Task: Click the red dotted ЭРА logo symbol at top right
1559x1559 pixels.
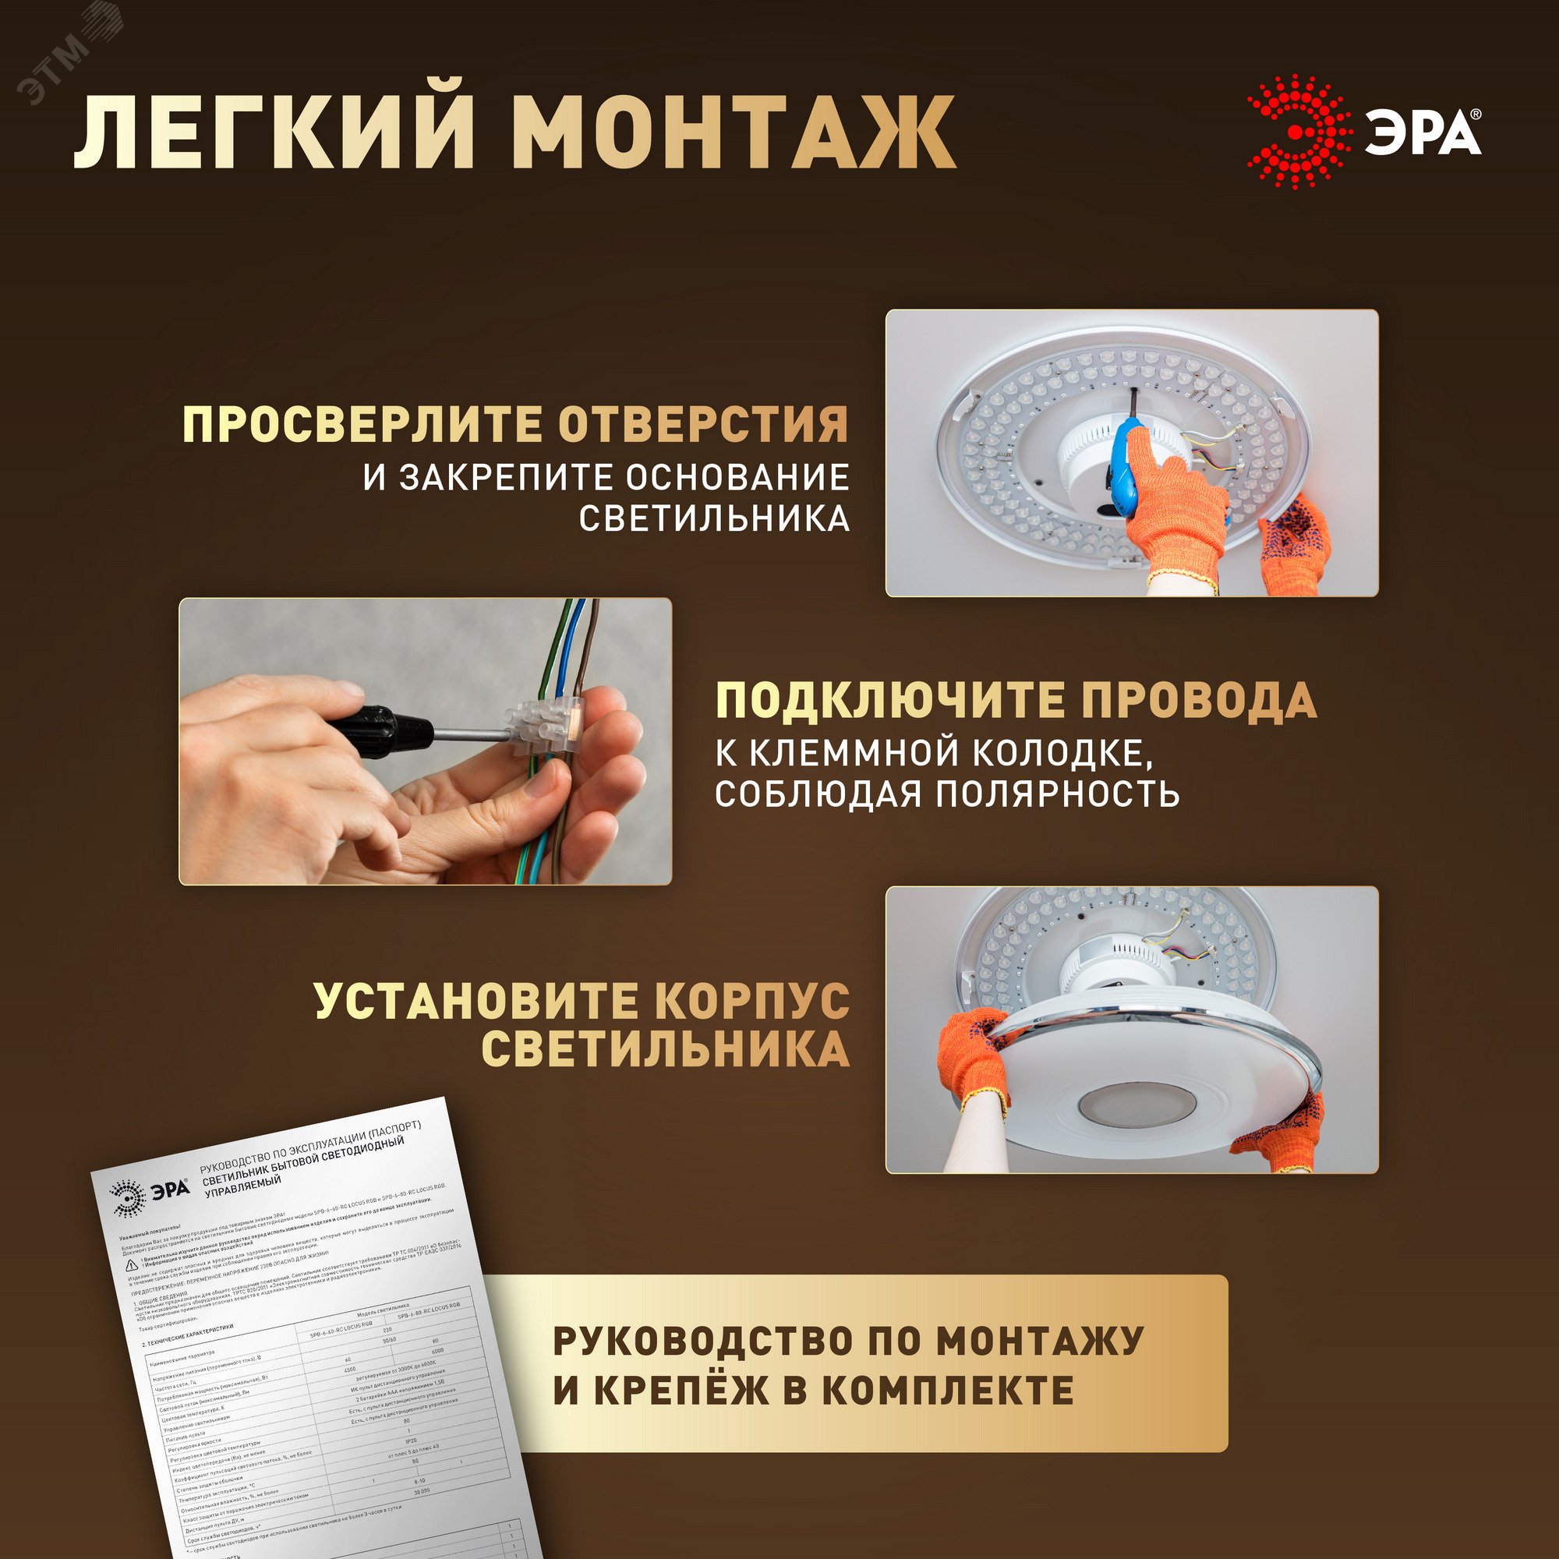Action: [1298, 133]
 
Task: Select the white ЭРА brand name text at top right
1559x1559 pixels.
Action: [1422, 133]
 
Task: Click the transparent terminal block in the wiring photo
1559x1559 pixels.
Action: [544, 727]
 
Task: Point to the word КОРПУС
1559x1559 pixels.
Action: [751, 1001]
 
